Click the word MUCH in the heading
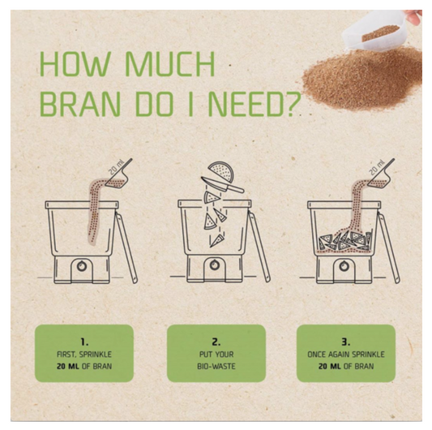[170, 63]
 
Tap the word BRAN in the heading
[80, 105]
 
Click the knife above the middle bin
[222, 184]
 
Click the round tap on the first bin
[82, 266]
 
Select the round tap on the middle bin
[214, 265]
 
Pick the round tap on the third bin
[344, 266]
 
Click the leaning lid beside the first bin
[126, 247]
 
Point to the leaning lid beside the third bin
[388, 247]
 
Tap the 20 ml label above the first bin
[117, 167]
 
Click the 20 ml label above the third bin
[377, 168]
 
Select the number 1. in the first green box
[84, 342]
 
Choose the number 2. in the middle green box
[216, 342]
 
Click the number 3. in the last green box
[346, 342]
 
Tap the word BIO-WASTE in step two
[216, 366]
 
